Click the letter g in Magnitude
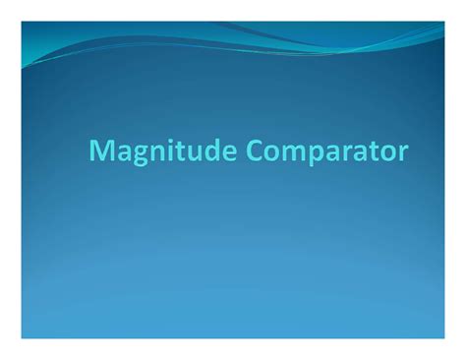134,155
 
